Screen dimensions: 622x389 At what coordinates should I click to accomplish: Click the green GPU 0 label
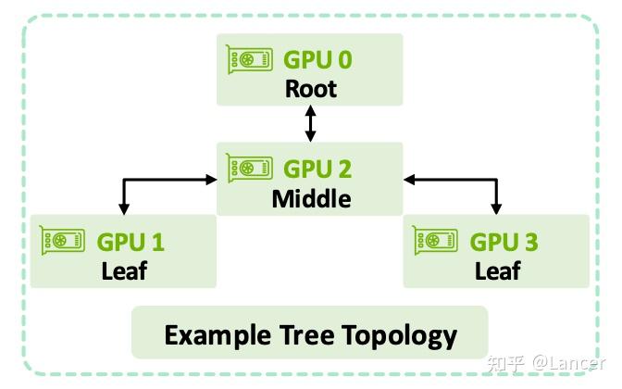pyautogui.click(x=317, y=60)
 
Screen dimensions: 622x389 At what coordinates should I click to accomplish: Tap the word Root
pyautogui.click(x=311, y=89)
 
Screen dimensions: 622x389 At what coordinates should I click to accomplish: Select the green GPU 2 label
pyautogui.click(x=317, y=169)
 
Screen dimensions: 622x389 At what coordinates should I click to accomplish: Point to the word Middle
pyautogui.click(x=311, y=198)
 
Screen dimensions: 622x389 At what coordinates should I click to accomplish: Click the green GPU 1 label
pyautogui.click(x=131, y=242)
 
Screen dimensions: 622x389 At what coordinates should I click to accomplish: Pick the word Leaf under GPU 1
pyautogui.click(x=124, y=270)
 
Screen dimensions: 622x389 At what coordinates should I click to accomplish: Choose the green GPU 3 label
pyautogui.click(x=504, y=242)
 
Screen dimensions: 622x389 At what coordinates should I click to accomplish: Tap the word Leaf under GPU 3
pyautogui.click(x=498, y=270)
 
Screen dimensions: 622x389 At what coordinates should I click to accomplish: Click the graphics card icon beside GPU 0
pyautogui.click(x=249, y=59)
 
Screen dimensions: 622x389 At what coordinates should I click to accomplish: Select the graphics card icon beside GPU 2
pyautogui.click(x=249, y=169)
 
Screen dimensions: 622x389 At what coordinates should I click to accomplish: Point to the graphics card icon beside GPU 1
pyautogui.click(x=62, y=240)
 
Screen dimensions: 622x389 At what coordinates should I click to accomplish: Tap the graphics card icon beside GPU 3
pyautogui.click(x=435, y=240)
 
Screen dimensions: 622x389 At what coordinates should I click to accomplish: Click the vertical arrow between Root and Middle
pyautogui.click(x=311, y=123)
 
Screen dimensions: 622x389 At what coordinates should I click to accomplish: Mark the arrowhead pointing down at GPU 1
pyautogui.click(x=124, y=209)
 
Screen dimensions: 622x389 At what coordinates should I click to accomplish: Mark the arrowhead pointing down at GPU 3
pyautogui.click(x=496, y=209)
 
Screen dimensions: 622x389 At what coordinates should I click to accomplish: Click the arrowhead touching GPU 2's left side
pyautogui.click(x=211, y=180)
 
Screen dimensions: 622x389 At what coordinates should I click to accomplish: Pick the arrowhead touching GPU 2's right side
pyautogui.click(x=409, y=180)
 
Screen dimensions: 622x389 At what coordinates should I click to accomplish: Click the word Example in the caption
pyautogui.click(x=218, y=336)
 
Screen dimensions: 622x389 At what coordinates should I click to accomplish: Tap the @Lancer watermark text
pyautogui.click(x=568, y=363)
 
